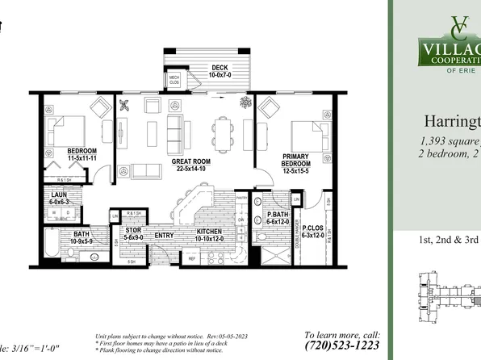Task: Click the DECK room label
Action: (x=220, y=68)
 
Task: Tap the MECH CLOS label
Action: (x=174, y=79)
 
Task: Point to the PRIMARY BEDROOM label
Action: (x=297, y=160)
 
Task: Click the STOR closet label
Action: (x=134, y=235)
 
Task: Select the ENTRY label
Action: (x=165, y=236)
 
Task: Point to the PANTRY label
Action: (x=240, y=197)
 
